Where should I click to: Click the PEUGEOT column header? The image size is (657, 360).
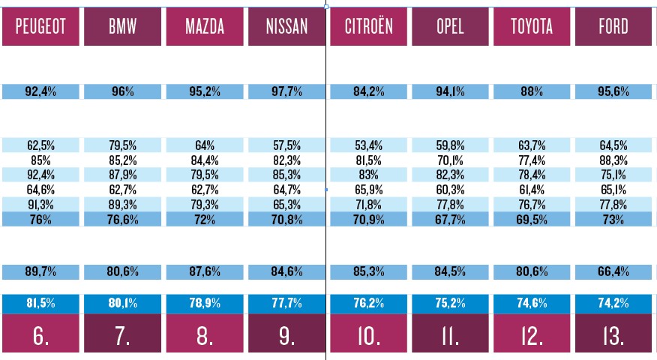click(x=40, y=27)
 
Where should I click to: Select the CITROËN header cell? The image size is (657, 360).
click(x=369, y=27)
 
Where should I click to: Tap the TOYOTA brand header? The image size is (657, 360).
click(x=532, y=27)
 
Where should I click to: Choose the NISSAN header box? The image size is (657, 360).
click(x=286, y=27)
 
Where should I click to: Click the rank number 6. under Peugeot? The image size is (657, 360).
click(x=40, y=337)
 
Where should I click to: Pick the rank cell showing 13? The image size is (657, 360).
click(x=613, y=337)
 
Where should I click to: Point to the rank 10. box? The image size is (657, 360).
click(x=369, y=337)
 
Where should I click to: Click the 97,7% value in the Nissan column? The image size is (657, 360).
click(x=286, y=92)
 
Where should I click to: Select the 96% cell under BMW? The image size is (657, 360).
click(x=122, y=92)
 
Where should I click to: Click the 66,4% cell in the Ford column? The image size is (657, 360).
click(x=613, y=272)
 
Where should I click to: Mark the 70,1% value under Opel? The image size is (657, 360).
click(x=450, y=160)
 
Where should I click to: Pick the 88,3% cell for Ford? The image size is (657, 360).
click(x=613, y=160)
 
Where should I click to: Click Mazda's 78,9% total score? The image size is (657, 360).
click(x=204, y=303)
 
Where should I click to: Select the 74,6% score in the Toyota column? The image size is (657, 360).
click(x=532, y=303)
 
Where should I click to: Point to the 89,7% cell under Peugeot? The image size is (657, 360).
click(x=40, y=272)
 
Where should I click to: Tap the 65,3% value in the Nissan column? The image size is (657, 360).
click(x=286, y=204)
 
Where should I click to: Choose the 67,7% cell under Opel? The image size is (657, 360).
click(x=450, y=218)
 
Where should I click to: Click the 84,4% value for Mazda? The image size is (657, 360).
click(x=204, y=160)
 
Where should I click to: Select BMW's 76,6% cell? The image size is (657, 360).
click(x=122, y=218)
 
